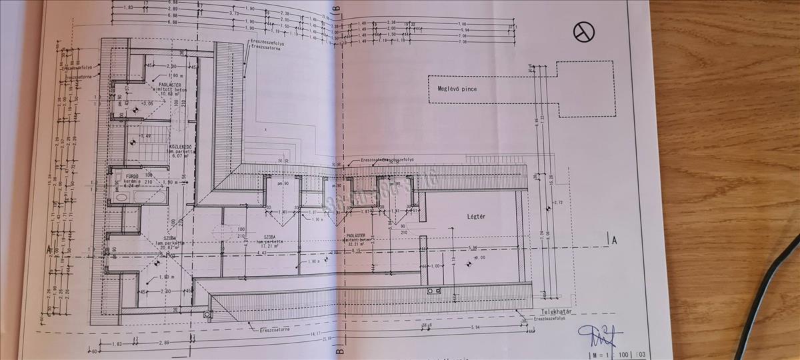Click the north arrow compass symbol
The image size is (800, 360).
tap(584, 31)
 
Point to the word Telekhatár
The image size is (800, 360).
tap(557, 312)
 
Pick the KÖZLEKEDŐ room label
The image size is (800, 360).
tap(181, 147)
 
